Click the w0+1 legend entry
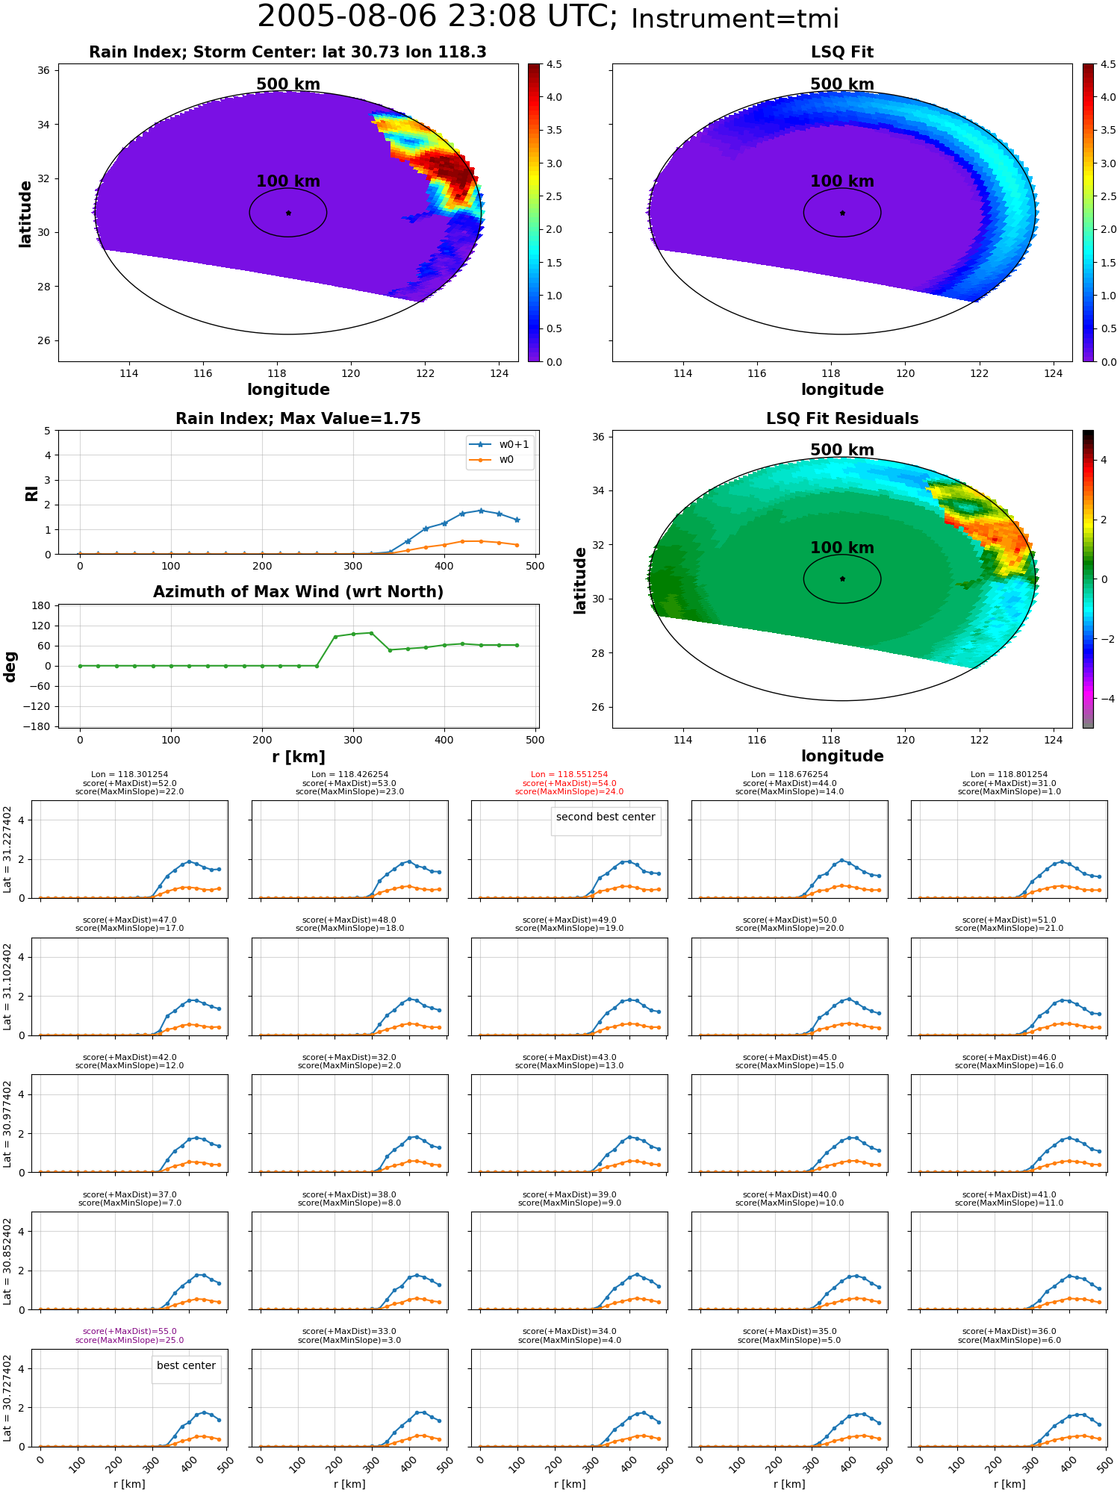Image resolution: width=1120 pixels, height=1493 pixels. [500, 444]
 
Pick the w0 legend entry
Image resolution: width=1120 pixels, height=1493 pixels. [492, 460]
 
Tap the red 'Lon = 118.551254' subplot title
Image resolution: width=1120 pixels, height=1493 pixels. [569, 775]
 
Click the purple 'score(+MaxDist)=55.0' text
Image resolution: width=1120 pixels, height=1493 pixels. [129, 1331]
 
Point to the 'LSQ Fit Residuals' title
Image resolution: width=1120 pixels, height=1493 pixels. [842, 419]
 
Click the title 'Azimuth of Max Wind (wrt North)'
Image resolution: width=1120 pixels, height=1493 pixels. [298, 592]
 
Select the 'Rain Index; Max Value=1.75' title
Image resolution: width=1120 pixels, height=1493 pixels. [298, 419]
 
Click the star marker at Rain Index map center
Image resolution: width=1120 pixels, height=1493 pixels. [288, 213]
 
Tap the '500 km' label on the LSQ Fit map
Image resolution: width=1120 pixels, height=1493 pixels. [842, 84]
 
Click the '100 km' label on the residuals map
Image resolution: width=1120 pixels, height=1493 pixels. [842, 548]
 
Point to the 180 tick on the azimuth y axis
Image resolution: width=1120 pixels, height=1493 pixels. [41, 605]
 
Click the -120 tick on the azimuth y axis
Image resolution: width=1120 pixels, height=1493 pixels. [37, 706]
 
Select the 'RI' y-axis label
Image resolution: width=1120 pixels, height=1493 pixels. [32, 493]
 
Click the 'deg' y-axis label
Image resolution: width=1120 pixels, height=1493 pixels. [10, 666]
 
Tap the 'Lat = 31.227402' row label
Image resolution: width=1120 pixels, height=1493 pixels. [7, 850]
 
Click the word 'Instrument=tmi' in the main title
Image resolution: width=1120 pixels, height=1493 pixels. [735, 19]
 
